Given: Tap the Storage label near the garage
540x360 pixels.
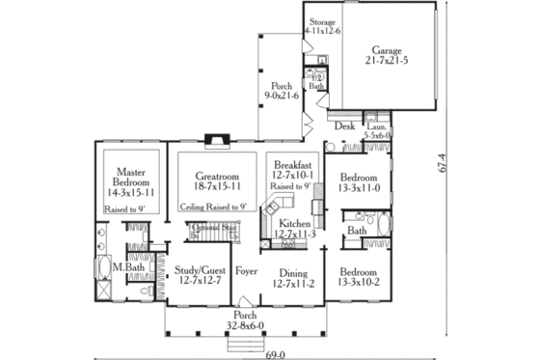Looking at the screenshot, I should [322, 20].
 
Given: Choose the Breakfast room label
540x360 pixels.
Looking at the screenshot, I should [292, 165].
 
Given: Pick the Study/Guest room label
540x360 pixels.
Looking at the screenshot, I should [198, 271].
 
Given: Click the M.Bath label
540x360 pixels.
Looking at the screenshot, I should [121, 266].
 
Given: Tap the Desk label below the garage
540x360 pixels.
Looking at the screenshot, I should [344, 125].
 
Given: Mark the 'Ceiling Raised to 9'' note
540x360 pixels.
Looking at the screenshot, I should [214, 206].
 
